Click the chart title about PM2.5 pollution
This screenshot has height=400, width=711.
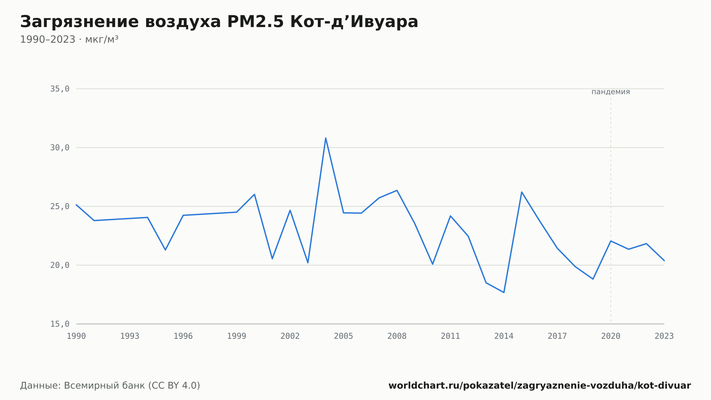[x=219, y=22]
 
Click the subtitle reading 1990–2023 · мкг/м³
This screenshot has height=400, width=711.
[x=69, y=40]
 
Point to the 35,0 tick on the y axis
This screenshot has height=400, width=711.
[x=60, y=89]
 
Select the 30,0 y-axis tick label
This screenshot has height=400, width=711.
[x=60, y=148]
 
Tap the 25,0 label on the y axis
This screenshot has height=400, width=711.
[x=60, y=206]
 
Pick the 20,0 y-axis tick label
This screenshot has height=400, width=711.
[x=60, y=265]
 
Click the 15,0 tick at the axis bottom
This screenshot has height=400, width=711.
[x=60, y=324]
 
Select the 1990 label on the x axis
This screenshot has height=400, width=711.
[x=76, y=336]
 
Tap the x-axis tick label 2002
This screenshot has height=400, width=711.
[x=290, y=336]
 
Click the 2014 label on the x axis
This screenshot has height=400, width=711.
[x=504, y=336]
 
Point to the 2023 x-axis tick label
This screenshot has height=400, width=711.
[x=664, y=336]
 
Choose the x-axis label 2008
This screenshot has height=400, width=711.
[x=397, y=336]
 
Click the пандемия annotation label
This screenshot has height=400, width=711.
[x=611, y=92]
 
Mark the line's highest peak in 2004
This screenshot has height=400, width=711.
[x=326, y=138]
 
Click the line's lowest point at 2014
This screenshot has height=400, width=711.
[x=504, y=293]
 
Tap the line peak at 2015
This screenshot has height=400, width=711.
[x=522, y=192]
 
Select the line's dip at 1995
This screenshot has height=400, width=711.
[x=165, y=250]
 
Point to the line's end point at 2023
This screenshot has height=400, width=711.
[x=664, y=260]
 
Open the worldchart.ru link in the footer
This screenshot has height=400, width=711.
[x=540, y=386]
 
